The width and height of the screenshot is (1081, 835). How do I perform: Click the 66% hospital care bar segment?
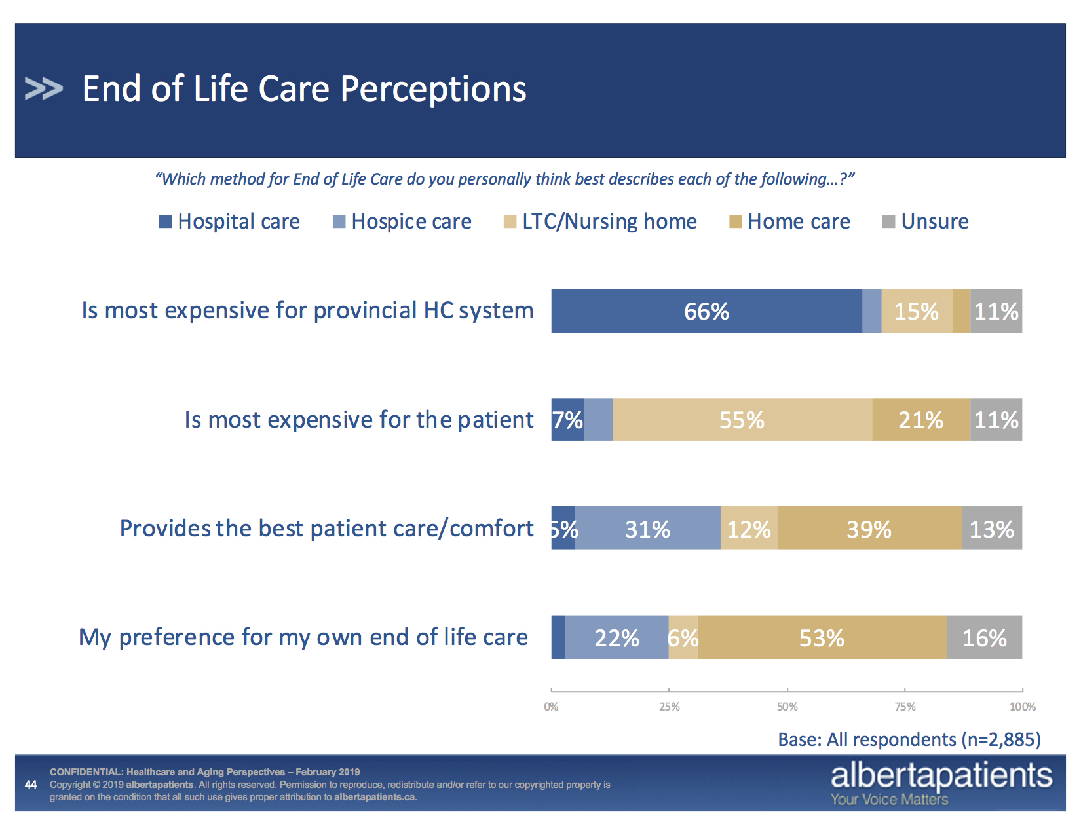[x=706, y=311]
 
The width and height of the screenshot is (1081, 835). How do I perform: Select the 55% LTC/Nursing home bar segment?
[x=742, y=420]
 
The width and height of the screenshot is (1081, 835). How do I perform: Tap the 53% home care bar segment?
[x=822, y=637]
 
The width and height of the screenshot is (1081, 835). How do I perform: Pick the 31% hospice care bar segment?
[x=647, y=529]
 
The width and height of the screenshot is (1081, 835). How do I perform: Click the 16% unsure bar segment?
[x=984, y=637]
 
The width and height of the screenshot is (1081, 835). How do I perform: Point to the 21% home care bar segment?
[x=920, y=420]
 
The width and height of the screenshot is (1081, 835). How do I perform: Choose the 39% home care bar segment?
[x=869, y=529]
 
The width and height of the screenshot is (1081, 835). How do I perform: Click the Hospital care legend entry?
[x=230, y=221]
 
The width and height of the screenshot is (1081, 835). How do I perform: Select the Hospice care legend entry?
[x=402, y=221]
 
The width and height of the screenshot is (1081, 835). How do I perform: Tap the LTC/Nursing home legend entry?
[x=600, y=221]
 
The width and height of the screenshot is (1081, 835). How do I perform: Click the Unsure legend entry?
[x=926, y=221]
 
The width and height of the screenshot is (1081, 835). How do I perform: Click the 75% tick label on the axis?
[x=905, y=707]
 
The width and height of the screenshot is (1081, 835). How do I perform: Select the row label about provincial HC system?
[x=307, y=310]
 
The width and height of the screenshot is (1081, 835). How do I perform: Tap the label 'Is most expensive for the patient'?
[x=359, y=419]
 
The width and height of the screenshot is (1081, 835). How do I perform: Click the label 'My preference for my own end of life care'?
[x=303, y=637]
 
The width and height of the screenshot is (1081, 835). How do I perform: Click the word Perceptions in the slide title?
[x=433, y=88]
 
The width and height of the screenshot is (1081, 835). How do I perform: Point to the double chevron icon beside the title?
[x=43, y=88]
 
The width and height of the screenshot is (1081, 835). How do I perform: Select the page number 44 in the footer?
[x=31, y=784]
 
